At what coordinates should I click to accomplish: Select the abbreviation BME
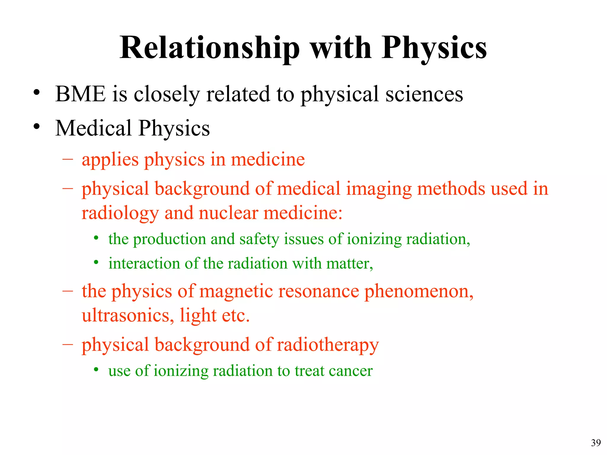(x=80, y=94)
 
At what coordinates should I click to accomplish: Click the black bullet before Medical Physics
(x=36, y=126)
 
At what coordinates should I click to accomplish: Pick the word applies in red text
(x=110, y=160)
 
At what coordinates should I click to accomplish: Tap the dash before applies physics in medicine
(x=68, y=159)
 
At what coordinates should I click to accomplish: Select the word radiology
(x=120, y=213)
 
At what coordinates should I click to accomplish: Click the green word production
(x=169, y=239)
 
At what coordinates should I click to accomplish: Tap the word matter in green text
(x=349, y=263)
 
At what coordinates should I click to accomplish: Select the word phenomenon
(x=418, y=291)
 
